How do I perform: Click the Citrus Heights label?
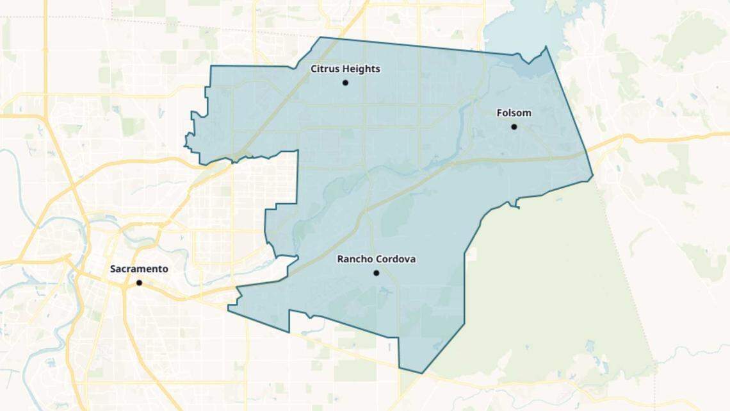(345, 69)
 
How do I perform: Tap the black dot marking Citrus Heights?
(345, 83)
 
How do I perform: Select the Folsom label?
(514, 113)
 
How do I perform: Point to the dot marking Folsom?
(514, 127)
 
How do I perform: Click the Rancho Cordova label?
(377, 259)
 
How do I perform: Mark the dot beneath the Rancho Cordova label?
(377, 273)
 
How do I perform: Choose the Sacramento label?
(139, 269)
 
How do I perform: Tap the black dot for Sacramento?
(139, 283)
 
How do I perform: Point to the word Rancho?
(354, 259)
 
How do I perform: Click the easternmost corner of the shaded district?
(592, 175)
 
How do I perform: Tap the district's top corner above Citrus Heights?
(320, 37)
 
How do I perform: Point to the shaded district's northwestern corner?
(211, 66)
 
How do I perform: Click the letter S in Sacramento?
(113, 269)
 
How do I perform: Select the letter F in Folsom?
(499, 113)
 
